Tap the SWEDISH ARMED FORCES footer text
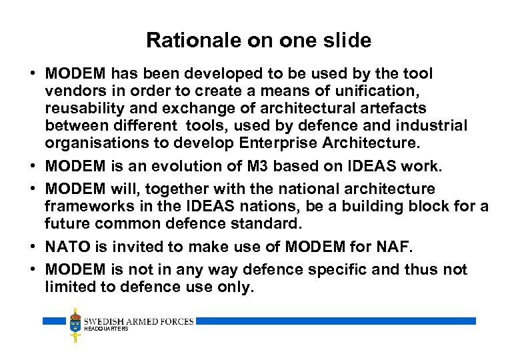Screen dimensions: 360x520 139,321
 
